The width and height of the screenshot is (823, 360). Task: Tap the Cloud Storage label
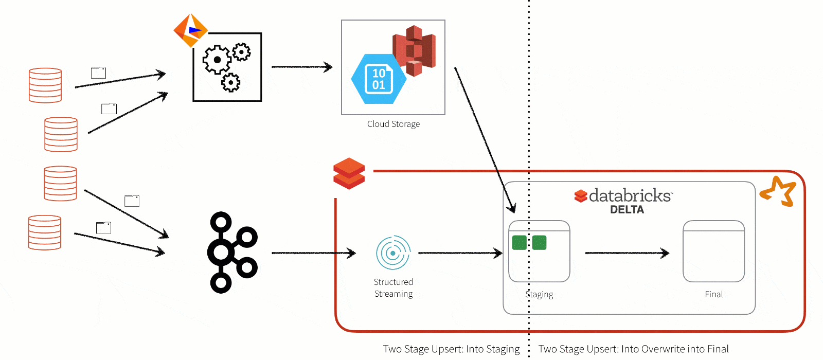(393, 124)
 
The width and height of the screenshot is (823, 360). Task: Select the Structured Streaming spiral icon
(393, 253)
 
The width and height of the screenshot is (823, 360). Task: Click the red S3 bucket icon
(415, 50)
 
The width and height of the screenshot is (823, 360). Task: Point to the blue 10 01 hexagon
(379, 79)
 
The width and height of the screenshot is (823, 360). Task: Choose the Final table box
(713, 251)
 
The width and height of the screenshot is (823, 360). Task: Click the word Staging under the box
(539, 294)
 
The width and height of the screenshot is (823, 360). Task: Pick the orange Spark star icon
(779, 191)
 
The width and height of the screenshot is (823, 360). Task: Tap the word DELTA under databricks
(627, 209)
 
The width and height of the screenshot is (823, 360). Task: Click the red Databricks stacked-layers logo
(349, 173)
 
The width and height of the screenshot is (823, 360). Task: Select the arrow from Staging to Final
(627, 253)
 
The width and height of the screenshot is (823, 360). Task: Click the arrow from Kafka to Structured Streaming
(313, 253)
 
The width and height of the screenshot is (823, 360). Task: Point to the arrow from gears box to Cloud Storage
(301, 67)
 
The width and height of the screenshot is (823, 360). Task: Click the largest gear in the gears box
(217, 60)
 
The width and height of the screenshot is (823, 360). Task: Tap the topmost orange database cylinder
(45, 85)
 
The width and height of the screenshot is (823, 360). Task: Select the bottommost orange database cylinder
(45, 232)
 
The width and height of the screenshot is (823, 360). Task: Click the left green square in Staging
(519, 242)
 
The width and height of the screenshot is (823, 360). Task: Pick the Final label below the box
(713, 294)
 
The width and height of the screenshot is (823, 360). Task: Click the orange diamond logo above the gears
(191, 30)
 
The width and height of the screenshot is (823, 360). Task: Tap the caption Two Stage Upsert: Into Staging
(451, 349)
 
